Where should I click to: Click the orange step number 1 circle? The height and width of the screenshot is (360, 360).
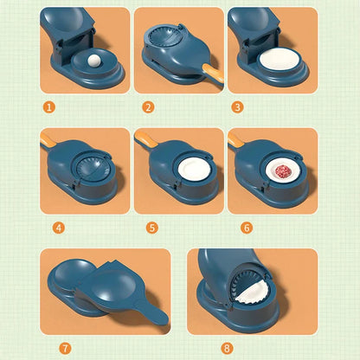coord(50,107)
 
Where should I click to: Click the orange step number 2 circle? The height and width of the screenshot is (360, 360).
coord(148,107)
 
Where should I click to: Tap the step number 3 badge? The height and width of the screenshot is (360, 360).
coord(238,107)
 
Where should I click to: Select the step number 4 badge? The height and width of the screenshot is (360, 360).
coord(58,228)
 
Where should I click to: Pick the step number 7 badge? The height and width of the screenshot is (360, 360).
coord(65,348)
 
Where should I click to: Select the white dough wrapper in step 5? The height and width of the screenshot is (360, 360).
coord(193,171)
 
